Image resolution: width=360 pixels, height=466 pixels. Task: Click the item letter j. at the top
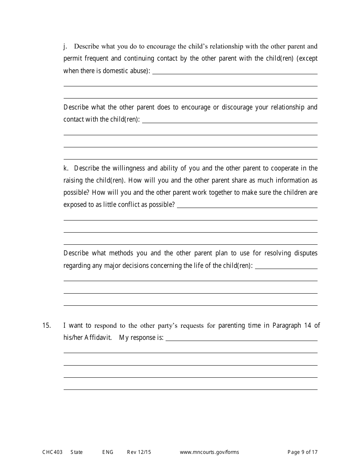point(65,47)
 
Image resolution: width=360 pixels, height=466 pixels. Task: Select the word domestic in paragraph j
point(115,71)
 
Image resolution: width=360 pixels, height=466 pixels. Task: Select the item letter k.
point(66,168)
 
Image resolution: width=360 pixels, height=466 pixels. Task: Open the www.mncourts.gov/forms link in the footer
point(209,452)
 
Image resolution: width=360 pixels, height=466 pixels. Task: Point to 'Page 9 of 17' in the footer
point(302,452)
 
